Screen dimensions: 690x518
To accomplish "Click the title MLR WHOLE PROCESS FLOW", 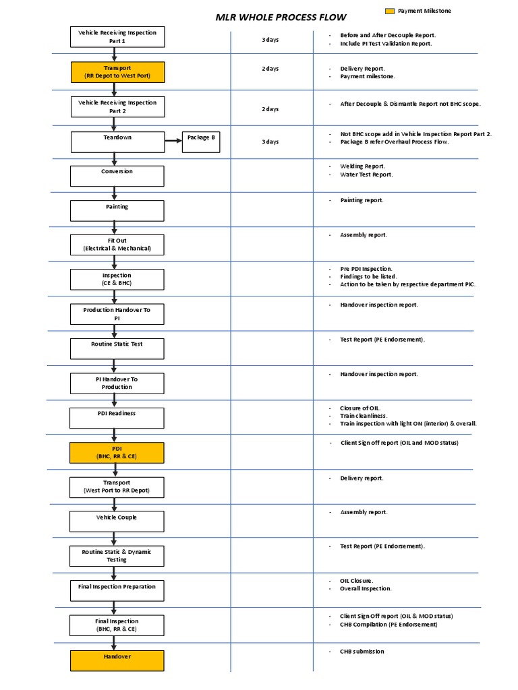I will (281, 17).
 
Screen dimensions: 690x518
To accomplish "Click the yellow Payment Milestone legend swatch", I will (389, 11).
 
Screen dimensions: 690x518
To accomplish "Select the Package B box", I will (201, 142).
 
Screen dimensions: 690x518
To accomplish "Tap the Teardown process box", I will (117, 142).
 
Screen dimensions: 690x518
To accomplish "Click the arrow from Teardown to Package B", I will (173, 142).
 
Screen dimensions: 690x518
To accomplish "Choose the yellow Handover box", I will (117, 660).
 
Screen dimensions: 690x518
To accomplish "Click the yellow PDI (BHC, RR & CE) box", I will (117, 453).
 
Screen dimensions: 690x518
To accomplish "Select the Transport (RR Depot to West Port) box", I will (117, 72).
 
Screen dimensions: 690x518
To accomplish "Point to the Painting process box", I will (117, 211).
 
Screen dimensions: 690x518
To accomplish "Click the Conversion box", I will (117, 176).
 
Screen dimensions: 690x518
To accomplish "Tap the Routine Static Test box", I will (117, 348).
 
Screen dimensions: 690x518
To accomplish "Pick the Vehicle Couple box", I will (117, 522).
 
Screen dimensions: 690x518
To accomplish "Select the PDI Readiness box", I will (117, 418).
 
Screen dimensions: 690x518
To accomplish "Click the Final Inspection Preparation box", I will (117, 591).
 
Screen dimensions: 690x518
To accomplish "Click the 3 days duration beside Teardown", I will (270, 142).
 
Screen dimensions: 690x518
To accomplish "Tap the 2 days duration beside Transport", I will (270, 69).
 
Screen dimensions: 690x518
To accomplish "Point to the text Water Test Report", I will (366, 175).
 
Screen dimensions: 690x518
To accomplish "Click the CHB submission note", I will (362, 652).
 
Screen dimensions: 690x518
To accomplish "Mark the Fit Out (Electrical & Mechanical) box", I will (117, 245).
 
